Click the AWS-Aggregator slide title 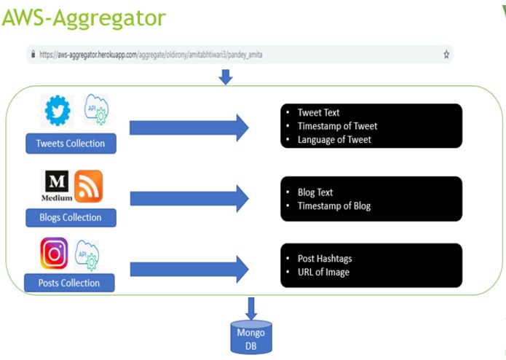(83, 17)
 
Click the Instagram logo (55, 253)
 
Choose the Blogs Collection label (71, 217)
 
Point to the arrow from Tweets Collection (189, 128)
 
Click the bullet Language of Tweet (334, 139)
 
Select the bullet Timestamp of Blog (333, 206)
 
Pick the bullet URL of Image (323, 272)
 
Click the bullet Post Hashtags (325, 259)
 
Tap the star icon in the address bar (446, 55)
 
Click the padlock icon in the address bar (31, 55)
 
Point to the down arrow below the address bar (226, 77)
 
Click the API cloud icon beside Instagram (88, 254)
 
